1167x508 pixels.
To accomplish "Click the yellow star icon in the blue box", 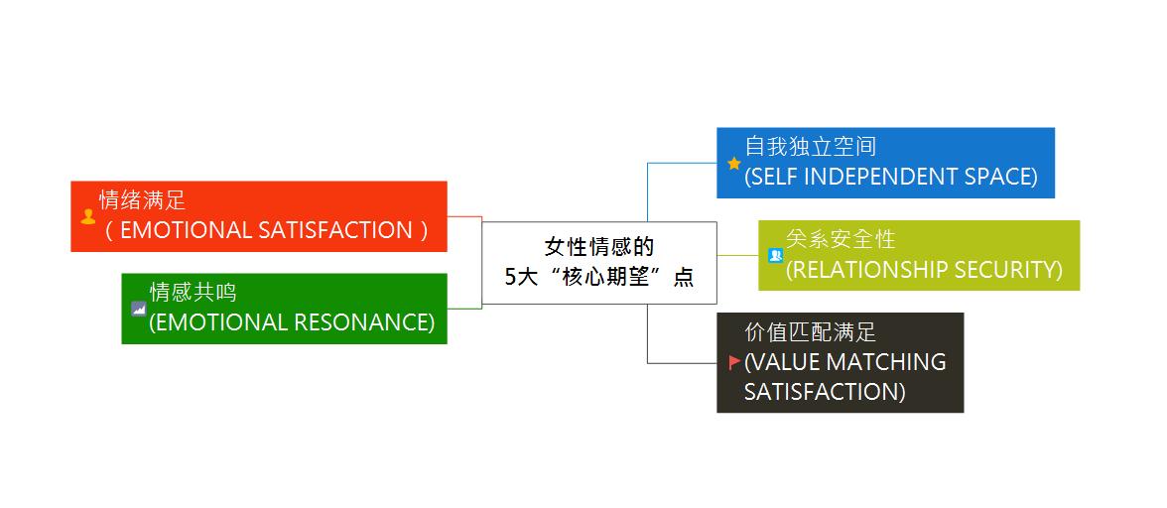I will point(734,164).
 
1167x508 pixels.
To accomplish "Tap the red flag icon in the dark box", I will point(734,362).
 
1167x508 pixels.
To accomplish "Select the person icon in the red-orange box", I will point(88,216).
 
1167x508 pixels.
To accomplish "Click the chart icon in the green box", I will point(139,309).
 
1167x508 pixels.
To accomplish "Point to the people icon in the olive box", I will point(776,255).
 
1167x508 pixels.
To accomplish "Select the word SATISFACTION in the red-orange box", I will point(334,230).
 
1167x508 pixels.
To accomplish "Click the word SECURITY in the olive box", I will point(1009,270).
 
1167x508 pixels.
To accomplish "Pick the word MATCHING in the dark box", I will point(885,362).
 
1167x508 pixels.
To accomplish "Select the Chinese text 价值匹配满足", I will point(810,332).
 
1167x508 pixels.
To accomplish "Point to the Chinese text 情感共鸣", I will point(193,292).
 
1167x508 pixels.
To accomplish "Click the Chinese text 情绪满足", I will point(142,200).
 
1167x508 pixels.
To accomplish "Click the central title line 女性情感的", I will point(598,246).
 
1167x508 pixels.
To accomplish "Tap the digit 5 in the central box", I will point(510,278).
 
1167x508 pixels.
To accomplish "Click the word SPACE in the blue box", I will point(997,177).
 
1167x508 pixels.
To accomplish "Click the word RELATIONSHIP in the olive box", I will point(865,270).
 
